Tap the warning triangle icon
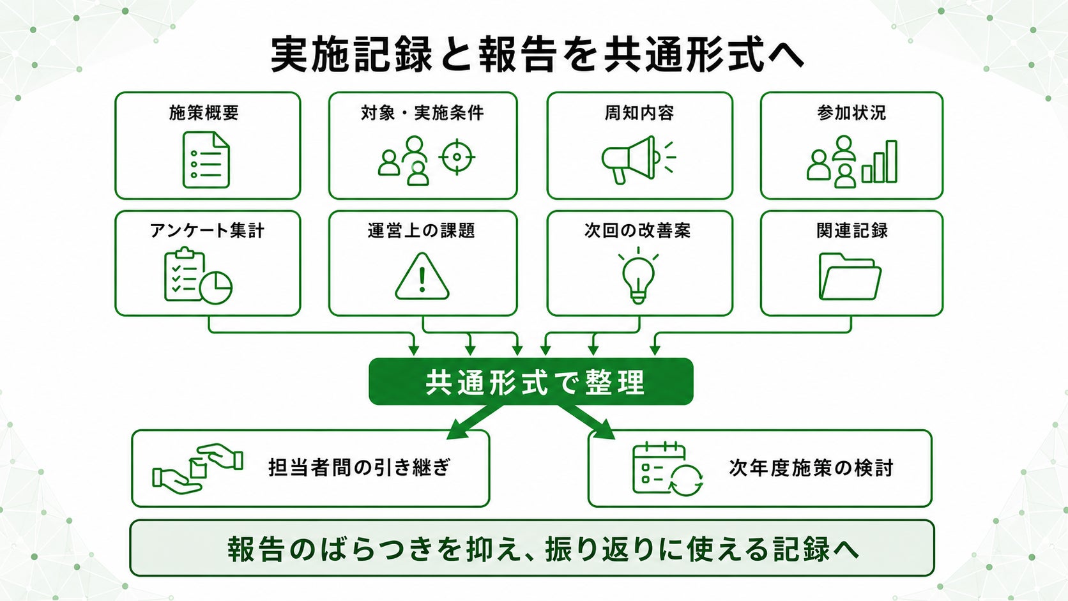422,277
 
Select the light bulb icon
638,276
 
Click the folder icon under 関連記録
850,277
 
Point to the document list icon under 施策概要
206,160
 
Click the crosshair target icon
457,157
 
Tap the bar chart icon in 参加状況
880,162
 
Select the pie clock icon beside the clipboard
215,287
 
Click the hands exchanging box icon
197,469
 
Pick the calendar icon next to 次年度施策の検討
667,469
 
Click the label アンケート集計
207,231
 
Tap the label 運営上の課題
422,231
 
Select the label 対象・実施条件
422,113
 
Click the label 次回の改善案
638,231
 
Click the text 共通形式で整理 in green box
535,382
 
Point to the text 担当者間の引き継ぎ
360,468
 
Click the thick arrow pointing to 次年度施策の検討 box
586,422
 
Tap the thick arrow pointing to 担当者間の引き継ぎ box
475,422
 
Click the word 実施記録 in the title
351,55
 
